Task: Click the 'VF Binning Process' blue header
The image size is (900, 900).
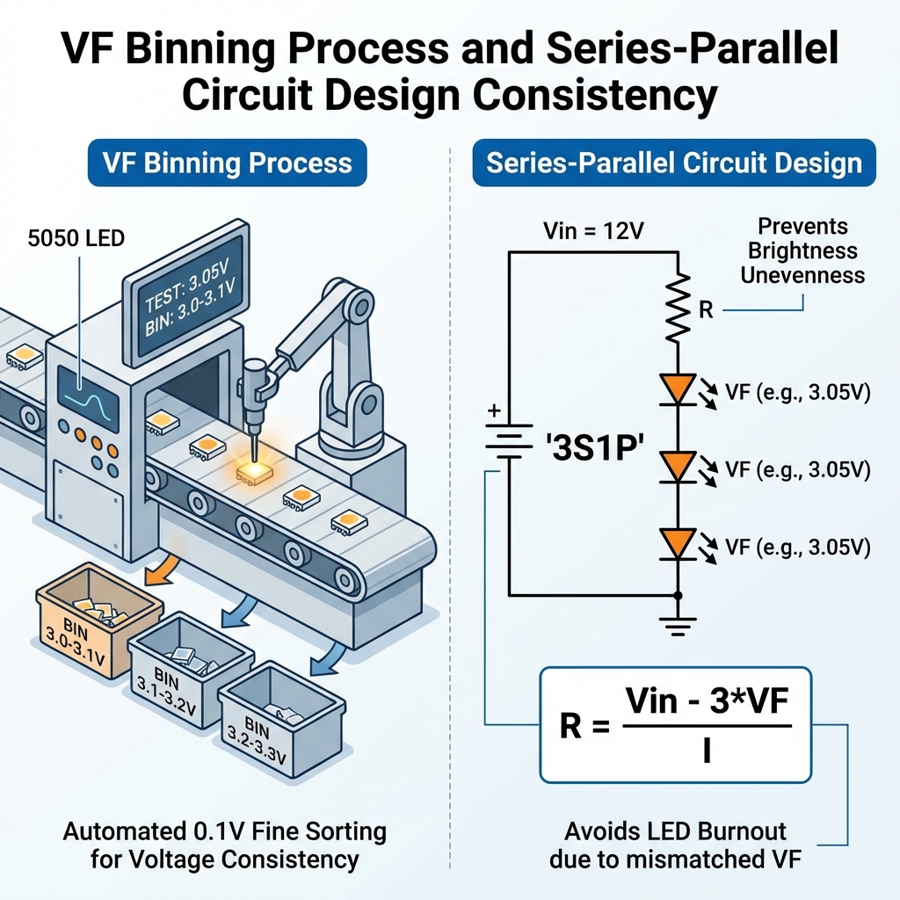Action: pyautogui.click(x=227, y=163)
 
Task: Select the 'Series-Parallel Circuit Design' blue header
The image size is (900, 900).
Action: pyautogui.click(x=674, y=163)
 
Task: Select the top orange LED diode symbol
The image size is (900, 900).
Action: pyautogui.click(x=678, y=390)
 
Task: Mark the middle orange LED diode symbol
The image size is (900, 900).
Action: pyautogui.click(x=678, y=467)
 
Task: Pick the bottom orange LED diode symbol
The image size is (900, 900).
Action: pyautogui.click(x=678, y=543)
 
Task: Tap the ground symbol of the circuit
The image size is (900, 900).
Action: pyautogui.click(x=678, y=626)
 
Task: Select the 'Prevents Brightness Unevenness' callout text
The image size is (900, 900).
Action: pyautogui.click(x=802, y=250)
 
